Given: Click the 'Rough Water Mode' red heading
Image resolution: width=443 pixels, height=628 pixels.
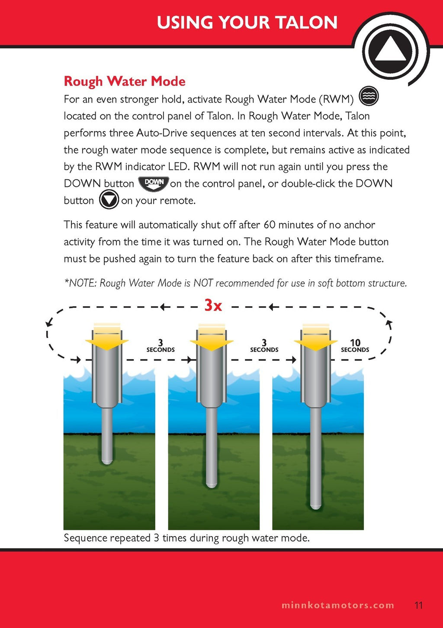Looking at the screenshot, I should (125, 81).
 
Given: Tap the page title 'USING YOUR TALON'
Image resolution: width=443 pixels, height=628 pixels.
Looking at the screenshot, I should (247, 23).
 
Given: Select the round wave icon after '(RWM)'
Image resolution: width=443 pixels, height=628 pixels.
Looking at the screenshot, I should (369, 97).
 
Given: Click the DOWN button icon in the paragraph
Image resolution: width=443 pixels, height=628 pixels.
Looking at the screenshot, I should (154, 184).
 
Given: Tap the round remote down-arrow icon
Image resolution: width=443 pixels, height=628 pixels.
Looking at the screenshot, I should (109, 201).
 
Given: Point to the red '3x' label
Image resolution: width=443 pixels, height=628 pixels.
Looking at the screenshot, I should (213, 306).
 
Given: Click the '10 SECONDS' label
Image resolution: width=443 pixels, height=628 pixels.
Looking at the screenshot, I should (355, 346).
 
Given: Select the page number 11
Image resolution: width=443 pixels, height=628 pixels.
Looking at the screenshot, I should (418, 605).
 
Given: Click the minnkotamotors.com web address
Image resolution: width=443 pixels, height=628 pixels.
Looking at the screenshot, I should (338, 605).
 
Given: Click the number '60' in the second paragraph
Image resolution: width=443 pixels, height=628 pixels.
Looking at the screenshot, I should (269, 225).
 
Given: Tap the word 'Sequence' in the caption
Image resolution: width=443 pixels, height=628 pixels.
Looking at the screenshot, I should (86, 538).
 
